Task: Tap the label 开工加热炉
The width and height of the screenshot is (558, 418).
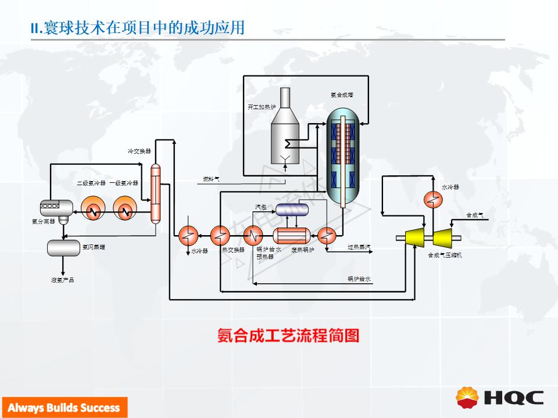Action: point(261,107)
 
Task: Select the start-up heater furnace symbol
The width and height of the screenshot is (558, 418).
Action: point(285,128)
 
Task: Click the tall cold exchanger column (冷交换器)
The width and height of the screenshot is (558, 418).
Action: point(155,193)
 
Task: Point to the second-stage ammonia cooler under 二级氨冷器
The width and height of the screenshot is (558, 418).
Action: point(92,211)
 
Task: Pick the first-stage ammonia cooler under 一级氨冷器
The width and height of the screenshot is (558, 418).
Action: point(124,211)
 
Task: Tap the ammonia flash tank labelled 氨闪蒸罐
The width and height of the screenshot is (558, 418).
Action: point(63,247)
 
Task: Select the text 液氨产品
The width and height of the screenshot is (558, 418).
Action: point(62,280)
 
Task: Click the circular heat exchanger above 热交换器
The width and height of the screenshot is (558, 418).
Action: point(220,235)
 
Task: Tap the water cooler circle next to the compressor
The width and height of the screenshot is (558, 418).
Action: point(432,199)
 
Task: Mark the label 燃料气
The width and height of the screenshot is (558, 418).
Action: point(210,179)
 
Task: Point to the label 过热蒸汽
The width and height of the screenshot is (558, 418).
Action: point(359,247)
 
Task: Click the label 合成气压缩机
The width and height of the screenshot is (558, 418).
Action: point(445,255)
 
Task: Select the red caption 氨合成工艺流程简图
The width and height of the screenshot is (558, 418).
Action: point(288,336)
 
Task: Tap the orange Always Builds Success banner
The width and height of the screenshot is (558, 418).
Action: point(63,408)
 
